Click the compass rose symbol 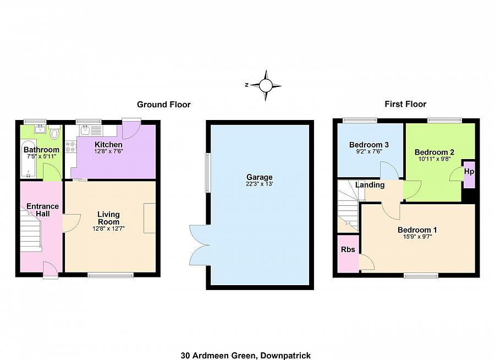pyautogui.click(x=266, y=85)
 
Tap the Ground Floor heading pyautogui.click(x=163, y=105)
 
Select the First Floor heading pyautogui.click(x=405, y=104)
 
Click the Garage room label pyautogui.click(x=259, y=177)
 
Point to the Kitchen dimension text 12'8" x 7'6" pyautogui.click(x=108, y=152)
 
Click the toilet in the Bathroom pyautogui.click(x=55, y=133)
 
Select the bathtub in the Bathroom pyautogui.click(x=28, y=160)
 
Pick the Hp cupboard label pyautogui.click(x=469, y=172)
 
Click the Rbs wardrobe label pyautogui.click(x=348, y=249)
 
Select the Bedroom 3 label pyautogui.click(x=369, y=145)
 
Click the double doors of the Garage pyautogui.click(x=197, y=244)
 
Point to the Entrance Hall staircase pyautogui.click(x=31, y=231)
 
